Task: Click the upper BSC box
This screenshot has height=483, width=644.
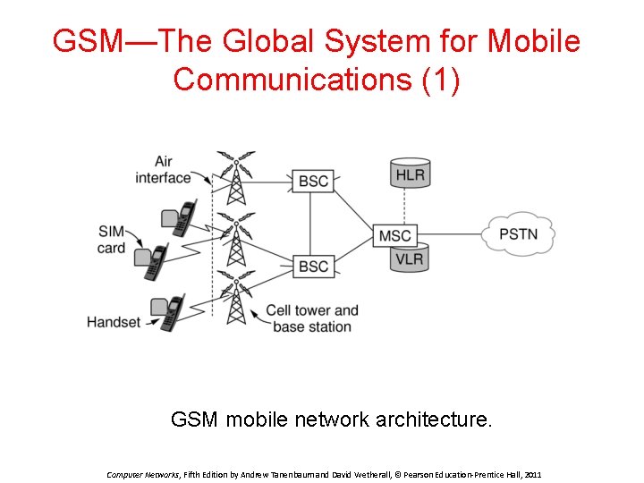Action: tap(313, 181)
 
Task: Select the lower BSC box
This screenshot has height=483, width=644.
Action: tap(313, 267)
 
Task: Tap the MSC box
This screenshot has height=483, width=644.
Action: tap(394, 235)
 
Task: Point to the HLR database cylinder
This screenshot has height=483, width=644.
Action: tap(410, 174)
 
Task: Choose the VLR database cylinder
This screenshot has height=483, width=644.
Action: tap(410, 259)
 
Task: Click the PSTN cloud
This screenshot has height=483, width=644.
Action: tap(518, 234)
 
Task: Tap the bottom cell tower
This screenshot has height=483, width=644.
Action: tap(235, 299)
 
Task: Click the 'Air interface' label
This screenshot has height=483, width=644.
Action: tap(163, 169)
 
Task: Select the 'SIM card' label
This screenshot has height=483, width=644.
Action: tap(112, 239)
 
